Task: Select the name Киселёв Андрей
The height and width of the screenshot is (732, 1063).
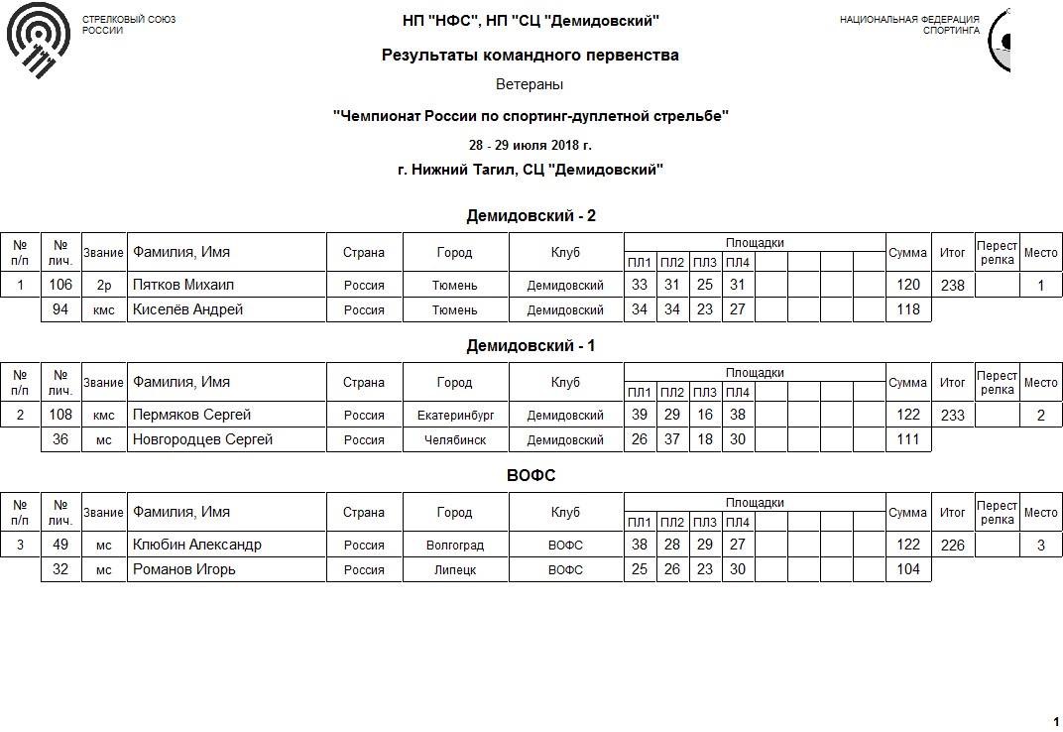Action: pos(187,309)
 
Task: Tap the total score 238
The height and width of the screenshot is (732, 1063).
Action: pos(952,286)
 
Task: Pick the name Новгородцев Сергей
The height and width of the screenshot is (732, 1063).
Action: pos(202,439)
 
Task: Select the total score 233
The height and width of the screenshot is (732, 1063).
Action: pos(952,416)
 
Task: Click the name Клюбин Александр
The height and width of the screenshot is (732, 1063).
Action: pos(197,545)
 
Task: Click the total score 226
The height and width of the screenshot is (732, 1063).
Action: pos(952,545)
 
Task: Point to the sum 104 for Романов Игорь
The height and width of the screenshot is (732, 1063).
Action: pos(907,569)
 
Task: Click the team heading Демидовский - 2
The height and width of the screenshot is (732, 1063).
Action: pos(531,216)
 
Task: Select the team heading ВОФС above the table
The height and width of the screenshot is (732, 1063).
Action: pos(531,476)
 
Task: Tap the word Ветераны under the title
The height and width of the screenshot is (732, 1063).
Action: pos(530,85)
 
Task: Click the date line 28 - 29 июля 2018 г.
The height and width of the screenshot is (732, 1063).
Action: pos(530,145)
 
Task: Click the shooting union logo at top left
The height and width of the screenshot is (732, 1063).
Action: pos(39,40)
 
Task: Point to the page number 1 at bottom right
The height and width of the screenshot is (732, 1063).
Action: pos(1055,721)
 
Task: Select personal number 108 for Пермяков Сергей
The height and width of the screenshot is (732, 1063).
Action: pos(60,415)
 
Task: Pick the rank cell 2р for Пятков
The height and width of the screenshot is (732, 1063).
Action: pos(104,286)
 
